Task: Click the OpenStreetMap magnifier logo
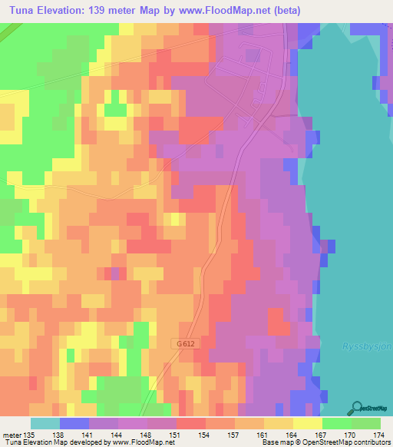[358, 407]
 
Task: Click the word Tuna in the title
[24, 10]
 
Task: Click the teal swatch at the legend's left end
[45, 423]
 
